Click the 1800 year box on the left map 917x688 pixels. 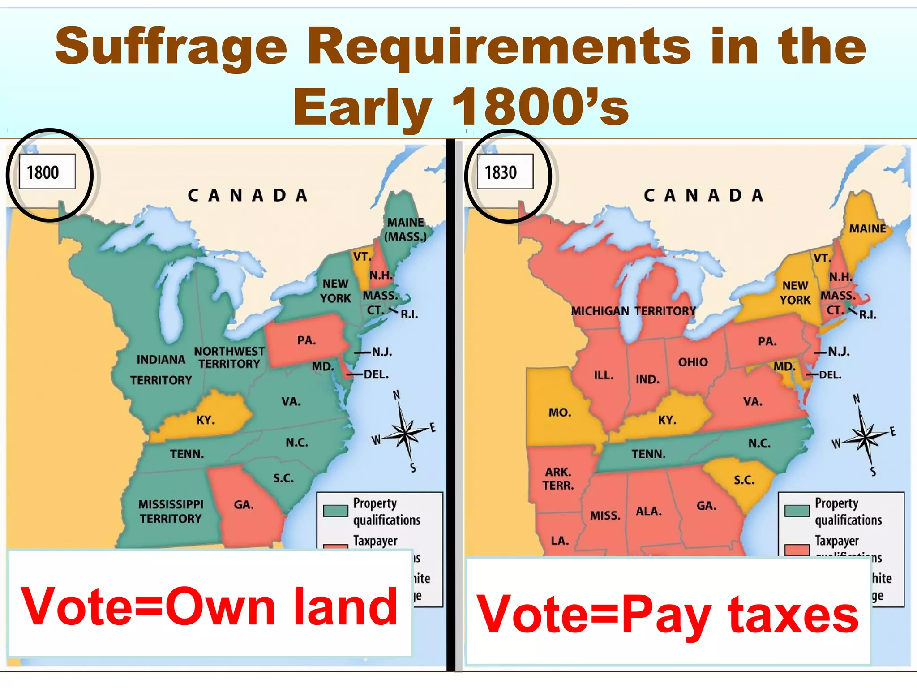[x=47, y=172]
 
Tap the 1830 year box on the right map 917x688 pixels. [x=505, y=172]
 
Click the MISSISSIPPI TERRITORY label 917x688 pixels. [x=171, y=512]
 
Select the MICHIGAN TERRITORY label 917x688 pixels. [x=633, y=311]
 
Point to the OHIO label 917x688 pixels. [x=693, y=362]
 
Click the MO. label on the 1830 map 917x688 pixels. [x=560, y=413]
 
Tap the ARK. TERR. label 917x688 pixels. [x=558, y=478]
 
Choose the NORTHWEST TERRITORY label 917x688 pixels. [x=229, y=357]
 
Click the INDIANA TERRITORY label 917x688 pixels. [x=161, y=370]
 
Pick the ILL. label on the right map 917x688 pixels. [x=603, y=375]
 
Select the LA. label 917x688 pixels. [x=560, y=541]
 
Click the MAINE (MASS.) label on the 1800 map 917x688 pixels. [x=405, y=229]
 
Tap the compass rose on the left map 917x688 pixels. [x=405, y=433]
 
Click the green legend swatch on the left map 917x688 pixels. [x=335, y=511]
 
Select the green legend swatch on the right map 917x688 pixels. [x=797, y=511]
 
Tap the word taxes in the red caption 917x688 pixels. [x=793, y=615]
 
